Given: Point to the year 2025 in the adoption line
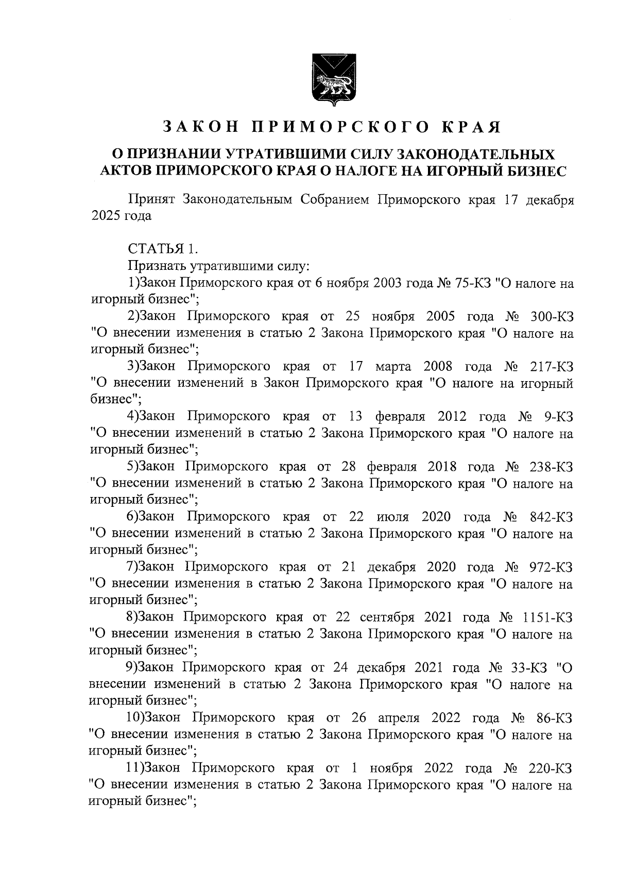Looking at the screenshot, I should [x=106, y=216].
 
